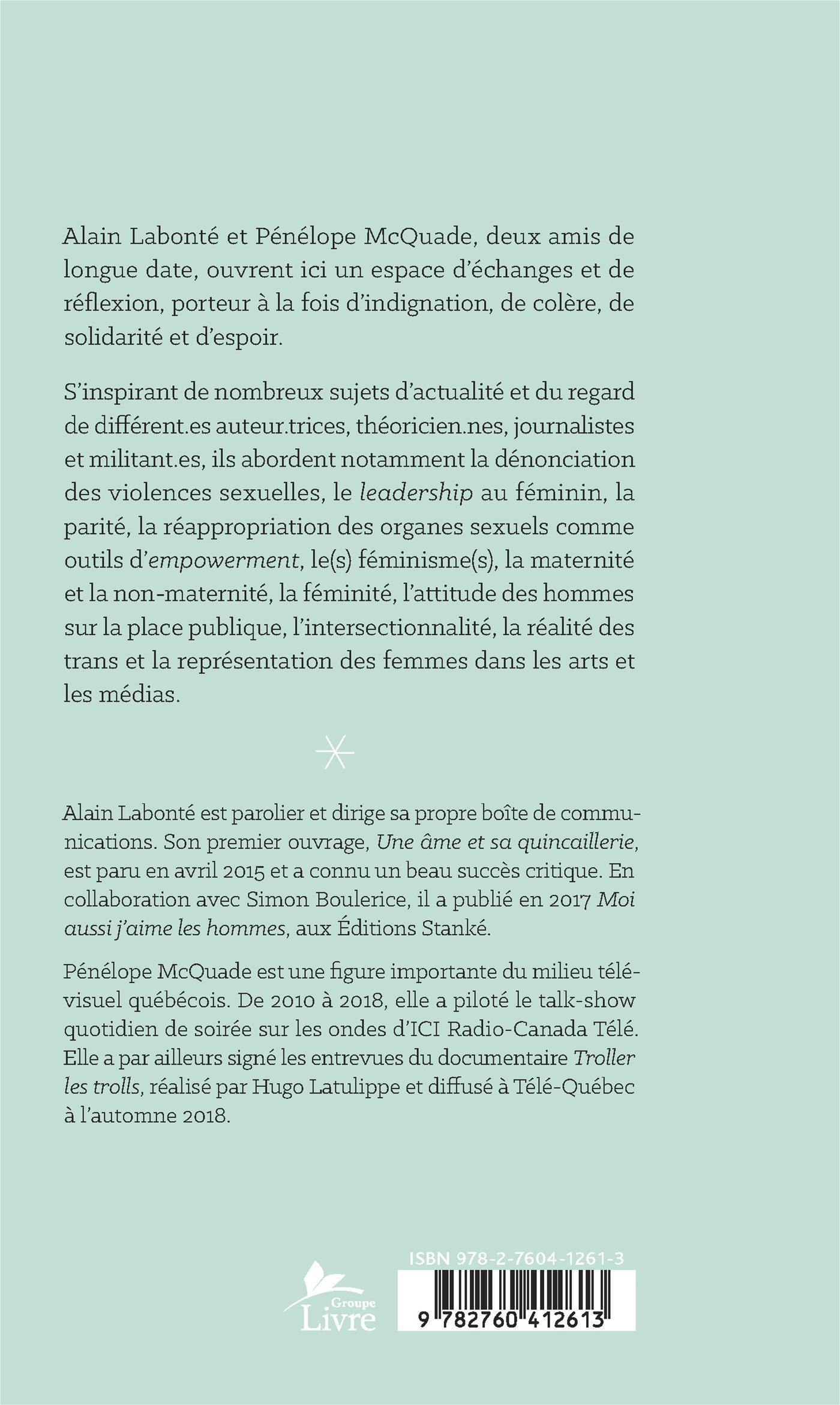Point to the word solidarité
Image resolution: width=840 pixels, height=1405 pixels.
[112, 337]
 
